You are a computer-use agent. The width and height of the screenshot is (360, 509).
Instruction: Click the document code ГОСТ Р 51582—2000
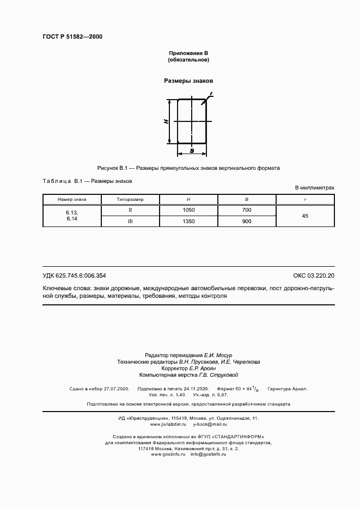click(72, 36)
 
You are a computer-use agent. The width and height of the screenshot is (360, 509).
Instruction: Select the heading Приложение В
click(189, 53)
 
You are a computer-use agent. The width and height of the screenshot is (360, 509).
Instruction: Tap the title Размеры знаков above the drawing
click(188, 81)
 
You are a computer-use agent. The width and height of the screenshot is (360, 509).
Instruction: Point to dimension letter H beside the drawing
click(166, 121)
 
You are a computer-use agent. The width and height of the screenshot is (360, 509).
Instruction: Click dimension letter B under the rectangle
click(192, 150)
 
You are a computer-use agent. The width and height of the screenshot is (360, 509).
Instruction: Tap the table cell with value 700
click(247, 210)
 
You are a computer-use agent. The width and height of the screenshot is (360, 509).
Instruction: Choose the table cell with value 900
click(247, 221)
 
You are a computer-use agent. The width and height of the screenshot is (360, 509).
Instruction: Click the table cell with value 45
click(305, 216)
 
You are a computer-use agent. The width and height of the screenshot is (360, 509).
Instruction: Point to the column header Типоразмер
click(130, 199)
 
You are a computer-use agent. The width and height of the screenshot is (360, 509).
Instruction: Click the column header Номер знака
click(72, 199)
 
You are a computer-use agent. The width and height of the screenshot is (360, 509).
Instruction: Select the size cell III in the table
click(130, 221)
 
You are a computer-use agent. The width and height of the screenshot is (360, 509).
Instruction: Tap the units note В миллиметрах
click(315, 187)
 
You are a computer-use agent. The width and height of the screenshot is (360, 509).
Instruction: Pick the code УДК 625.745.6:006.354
click(74, 275)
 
